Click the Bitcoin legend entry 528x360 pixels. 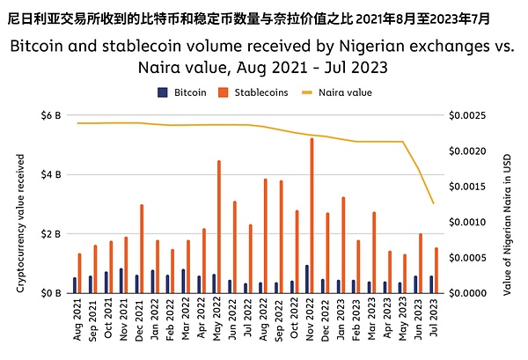182,92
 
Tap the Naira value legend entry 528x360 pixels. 338,92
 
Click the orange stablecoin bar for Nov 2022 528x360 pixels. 312,216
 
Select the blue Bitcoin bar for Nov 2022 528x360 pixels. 306,279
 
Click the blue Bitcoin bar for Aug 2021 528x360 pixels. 74,285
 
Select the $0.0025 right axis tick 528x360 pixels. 466,115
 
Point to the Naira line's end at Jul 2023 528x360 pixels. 433,204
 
